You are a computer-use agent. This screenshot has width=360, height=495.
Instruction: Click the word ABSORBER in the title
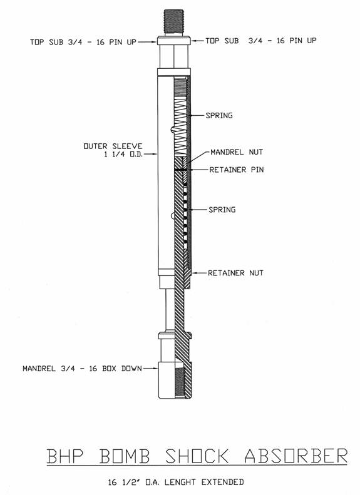click(x=296, y=456)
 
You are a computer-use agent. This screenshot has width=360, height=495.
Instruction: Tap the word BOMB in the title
click(x=125, y=456)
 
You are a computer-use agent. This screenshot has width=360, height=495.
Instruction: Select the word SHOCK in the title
click(x=197, y=456)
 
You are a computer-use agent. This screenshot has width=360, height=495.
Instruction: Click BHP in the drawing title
click(x=65, y=456)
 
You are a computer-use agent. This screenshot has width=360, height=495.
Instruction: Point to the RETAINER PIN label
click(x=237, y=170)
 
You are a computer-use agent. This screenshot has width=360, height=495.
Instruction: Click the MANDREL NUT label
click(x=237, y=152)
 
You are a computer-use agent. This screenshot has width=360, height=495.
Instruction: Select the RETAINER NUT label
click(x=235, y=273)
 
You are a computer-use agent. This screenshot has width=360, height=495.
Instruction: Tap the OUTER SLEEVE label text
click(x=113, y=146)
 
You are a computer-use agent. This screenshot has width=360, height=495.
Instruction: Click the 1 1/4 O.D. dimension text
click(x=123, y=155)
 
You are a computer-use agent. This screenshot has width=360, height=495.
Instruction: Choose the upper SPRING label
click(x=219, y=116)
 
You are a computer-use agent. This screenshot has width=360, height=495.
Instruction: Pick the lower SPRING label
click(x=222, y=210)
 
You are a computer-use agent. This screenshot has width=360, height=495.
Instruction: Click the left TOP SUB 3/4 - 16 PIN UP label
click(x=83, y=42)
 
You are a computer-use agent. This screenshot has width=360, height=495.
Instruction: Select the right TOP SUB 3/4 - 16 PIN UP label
click(x=261, y=41)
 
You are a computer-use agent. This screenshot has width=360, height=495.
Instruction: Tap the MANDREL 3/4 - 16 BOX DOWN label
click(x=82, y=369)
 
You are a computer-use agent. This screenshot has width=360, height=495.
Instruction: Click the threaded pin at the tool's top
click(x=174, y=22)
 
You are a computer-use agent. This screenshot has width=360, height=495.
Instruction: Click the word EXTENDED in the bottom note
click(x=223, y=482)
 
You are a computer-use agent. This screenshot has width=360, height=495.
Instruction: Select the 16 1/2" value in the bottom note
click(x=122, y=482)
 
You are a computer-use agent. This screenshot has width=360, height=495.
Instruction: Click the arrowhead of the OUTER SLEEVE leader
click(x=156, y=155)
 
